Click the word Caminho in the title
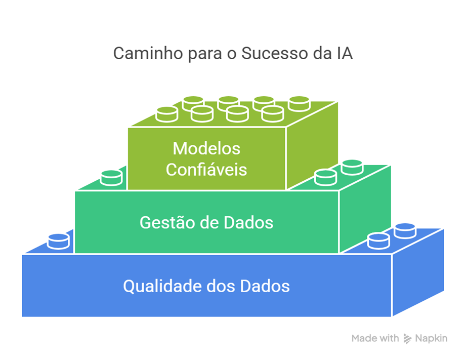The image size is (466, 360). [x=148, y=53]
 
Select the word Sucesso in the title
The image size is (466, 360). [x=274, y=53]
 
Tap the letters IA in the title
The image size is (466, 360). [x=345, y=53]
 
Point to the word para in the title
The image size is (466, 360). [x=205, y=55]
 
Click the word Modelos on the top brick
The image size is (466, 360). [x=206, y=148]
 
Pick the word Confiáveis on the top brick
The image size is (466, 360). [x=206, y=170]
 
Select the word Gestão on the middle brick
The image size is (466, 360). [x=167, y=222]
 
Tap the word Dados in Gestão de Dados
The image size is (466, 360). [x=248, y=222]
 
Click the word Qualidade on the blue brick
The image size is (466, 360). [x=162, y=286]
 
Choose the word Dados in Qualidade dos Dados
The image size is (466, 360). [x=265, y=286]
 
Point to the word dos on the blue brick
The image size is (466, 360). [x=221, y=286]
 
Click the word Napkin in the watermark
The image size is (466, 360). [x=431, y=338]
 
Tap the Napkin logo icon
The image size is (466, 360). [x=407, y=339]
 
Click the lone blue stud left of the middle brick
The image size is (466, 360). [x=59, y=242]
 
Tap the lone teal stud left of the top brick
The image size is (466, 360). [x=111, y=178]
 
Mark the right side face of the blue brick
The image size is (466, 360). [x=418, y=272]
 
